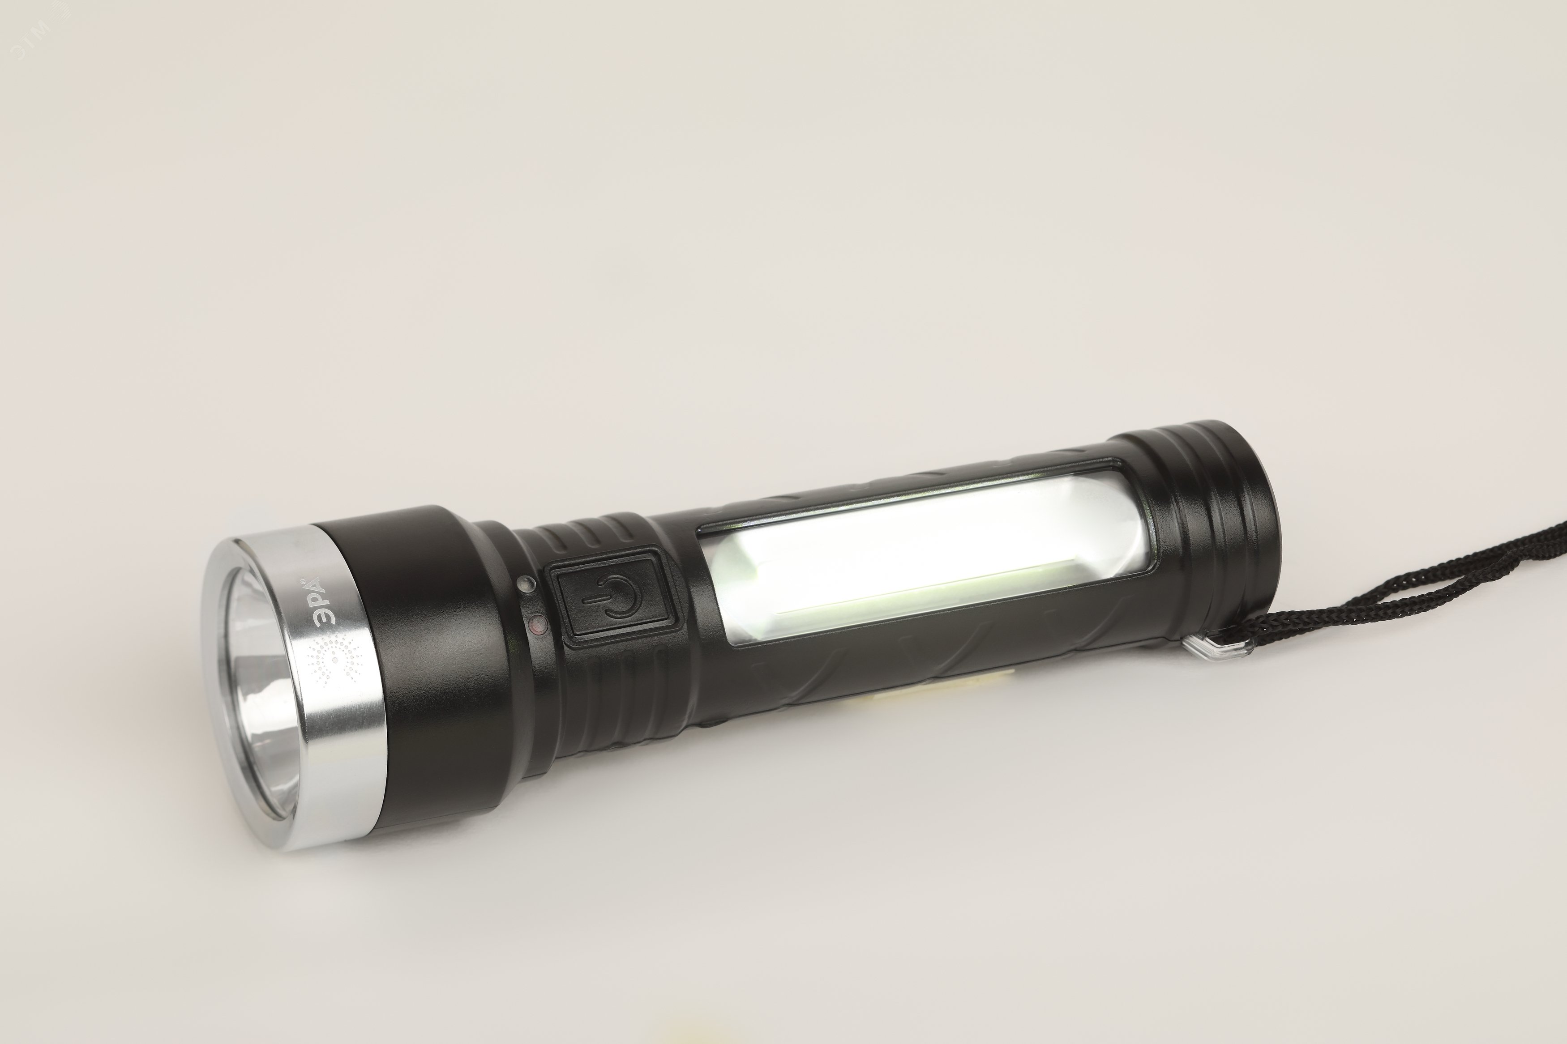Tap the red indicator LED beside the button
point(537,625)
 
